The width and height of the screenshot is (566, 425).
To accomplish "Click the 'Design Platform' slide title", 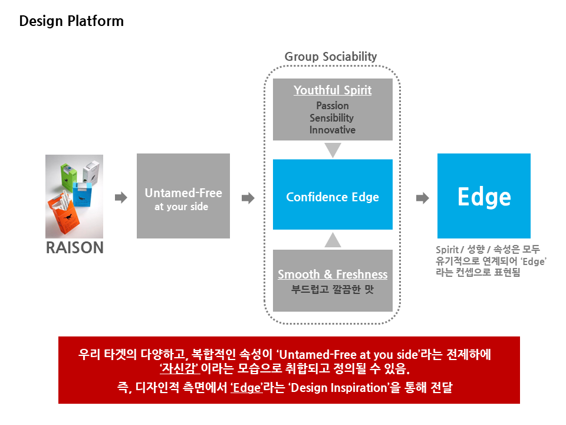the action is [x=71, y=21].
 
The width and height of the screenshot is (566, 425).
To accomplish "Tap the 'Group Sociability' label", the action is [x=331, y=57].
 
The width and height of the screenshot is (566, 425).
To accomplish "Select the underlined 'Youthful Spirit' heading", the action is [x=333, y=90].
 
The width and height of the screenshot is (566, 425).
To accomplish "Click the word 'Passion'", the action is [x=333, y=106].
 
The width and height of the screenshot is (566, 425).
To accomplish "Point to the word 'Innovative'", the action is [x=333, y=130].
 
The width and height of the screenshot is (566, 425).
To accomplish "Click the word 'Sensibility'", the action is [x=332, y=118].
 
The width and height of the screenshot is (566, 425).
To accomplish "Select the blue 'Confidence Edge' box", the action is [x=333, y=194].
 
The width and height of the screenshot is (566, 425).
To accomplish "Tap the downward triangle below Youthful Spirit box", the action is [x=333, y=150].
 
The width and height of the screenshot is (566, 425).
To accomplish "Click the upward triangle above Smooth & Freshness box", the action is [x=333, y=240].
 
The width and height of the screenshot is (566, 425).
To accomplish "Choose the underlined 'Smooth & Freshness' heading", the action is [x=333, y=274].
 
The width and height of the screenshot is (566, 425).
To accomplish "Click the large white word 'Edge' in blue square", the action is [x=484, y=197].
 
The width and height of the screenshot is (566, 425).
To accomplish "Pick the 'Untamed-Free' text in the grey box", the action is [x=183, y=193].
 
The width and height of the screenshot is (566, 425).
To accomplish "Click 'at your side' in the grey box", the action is [x=181, y=207].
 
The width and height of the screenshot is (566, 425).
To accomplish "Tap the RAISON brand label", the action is [x=75, y=247].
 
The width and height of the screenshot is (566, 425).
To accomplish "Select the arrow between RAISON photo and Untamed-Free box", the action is [x=121, y=198].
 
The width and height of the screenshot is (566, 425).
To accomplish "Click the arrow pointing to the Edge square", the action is [x=423, y=198].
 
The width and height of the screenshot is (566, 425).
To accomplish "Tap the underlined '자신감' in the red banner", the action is [x=180, y=368].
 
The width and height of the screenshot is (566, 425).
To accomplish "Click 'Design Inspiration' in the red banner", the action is [x=339, y=388].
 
